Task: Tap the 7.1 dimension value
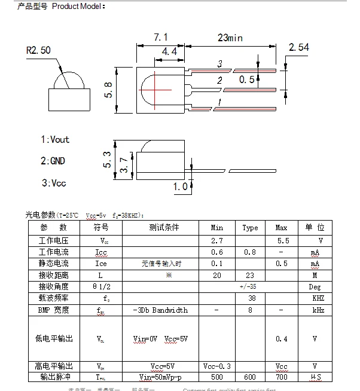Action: tap(160, 38)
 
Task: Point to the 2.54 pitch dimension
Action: tap(298, 47)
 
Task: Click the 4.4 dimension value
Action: tap(169, 52)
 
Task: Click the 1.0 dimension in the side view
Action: tap(180, 187)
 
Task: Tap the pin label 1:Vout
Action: tap(55, 139)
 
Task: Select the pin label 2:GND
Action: tap(53, 161)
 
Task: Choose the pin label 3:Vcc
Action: tap(53, 183)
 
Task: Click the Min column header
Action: tap(217, 228)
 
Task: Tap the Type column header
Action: tap(250, 228)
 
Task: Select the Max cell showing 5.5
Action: tap(282, 240)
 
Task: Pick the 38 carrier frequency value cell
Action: tap(252, 298)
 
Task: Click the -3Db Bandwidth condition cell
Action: tap(160, 310)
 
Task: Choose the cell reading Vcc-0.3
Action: tap(217, 366)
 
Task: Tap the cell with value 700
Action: tap(282, 377)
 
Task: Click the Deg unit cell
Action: tap(317, 286)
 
